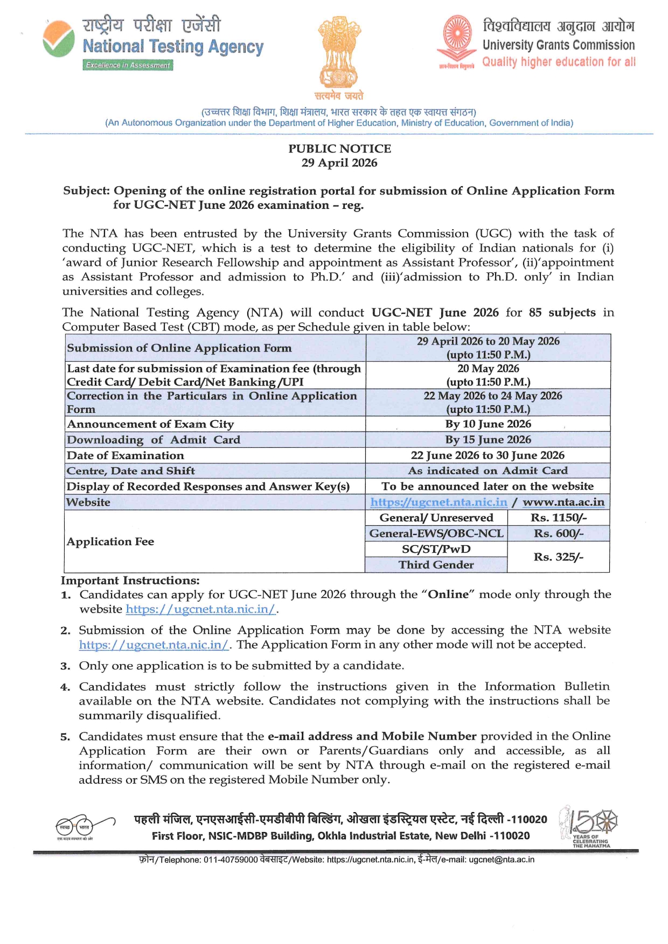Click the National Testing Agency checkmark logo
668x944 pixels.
point(59,39)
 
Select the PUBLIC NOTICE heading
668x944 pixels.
point(339,149)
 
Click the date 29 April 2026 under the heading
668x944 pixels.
point(339,163)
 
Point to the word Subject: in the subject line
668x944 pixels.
point(86,191)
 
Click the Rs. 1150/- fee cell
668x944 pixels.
point(559,518)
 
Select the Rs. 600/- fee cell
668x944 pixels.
point(559,533)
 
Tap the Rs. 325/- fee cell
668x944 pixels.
point(559,557)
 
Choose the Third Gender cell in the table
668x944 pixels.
point(436,565)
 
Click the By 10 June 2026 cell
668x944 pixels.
point(488,424)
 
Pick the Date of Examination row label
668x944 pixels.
point(126,455)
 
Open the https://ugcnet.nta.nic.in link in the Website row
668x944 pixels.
point(439,502)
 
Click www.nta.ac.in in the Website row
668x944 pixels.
point(563,502)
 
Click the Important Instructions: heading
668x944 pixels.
point(130,580)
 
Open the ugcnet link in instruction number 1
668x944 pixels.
point(200,609)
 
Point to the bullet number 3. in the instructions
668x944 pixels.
point(65,666)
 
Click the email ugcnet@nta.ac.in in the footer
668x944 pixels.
point(502,860)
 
